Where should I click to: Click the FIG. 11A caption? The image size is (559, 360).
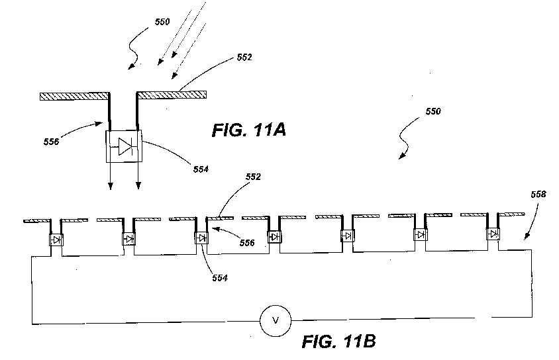click(x=249, y=130)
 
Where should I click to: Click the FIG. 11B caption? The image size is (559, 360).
click(x=338, y=341)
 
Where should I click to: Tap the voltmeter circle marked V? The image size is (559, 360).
click(x=276, y=321)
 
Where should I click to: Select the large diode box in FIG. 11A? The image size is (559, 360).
click(x=124, y=146)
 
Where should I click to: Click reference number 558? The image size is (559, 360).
click(x=538, y=194)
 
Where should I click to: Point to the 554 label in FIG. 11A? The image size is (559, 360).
click(x=201, y=169)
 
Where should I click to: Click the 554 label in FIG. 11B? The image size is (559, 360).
click(x=220, y=278)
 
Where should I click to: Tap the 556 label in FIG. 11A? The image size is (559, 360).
click(x=52, y=142)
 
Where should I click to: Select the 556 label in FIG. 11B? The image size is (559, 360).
click(x=247, y=243)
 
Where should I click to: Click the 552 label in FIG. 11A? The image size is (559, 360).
click(x=244, y=58)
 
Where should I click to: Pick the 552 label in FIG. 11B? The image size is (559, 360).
click(x=253, y=177)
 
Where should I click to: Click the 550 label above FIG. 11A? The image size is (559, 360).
click(x=162, y=22)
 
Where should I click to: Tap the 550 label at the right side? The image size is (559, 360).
click(x=433, y=111)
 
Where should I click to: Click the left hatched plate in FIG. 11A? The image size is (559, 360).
click(x=74, y=96)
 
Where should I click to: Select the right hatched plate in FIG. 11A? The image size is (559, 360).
click(x=172, y=95)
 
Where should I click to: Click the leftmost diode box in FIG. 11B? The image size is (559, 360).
click(x=56, y=240)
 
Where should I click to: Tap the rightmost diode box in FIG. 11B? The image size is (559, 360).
click(x=493, y=234)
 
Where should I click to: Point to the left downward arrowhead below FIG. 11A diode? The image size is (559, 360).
click(x=111, y=185)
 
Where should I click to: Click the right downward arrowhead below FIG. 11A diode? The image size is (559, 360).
click(x=138, y=185)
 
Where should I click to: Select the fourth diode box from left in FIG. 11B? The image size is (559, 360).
click(x=274, y=236)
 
